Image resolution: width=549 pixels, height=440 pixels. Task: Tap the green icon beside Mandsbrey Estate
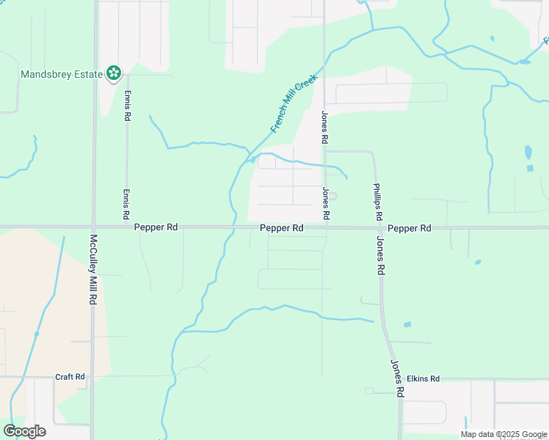[114, 73]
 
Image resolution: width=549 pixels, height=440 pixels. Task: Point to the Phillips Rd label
[377, 202]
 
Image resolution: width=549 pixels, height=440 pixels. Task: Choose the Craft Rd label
[70, 377]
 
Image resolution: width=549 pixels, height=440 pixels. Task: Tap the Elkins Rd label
[423, 378]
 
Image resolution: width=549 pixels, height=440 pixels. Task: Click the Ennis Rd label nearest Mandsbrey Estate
[127, 106]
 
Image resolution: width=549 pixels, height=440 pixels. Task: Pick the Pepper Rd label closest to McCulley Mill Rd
[156, 228]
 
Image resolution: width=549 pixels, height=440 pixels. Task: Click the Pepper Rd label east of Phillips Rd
[410, 228]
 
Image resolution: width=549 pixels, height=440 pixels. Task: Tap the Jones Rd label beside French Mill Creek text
[324, 126]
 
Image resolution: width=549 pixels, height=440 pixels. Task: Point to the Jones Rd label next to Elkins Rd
[397, 378]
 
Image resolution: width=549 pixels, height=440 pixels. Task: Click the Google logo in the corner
[24, 430]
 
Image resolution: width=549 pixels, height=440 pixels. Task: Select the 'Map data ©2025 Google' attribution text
[503, 434]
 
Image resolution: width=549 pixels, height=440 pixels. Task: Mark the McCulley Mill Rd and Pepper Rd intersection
[94, 227]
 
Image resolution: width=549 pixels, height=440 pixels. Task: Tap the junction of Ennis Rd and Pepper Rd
[127, 227]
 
